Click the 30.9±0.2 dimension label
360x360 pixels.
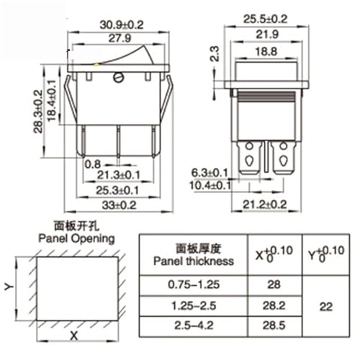click(122, 24)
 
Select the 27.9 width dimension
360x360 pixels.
click(120, 38)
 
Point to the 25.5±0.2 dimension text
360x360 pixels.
click(265, 19)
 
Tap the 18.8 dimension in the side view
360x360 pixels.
click(266, 52)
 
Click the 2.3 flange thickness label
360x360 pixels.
click(215, 54)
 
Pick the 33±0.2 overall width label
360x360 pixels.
click(119, 205)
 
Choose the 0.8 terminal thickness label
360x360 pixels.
click(93, 164)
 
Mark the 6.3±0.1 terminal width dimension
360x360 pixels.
click(210, 173)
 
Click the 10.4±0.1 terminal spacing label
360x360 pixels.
click(210, 185)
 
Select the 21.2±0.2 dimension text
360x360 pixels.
click(265, 204)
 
